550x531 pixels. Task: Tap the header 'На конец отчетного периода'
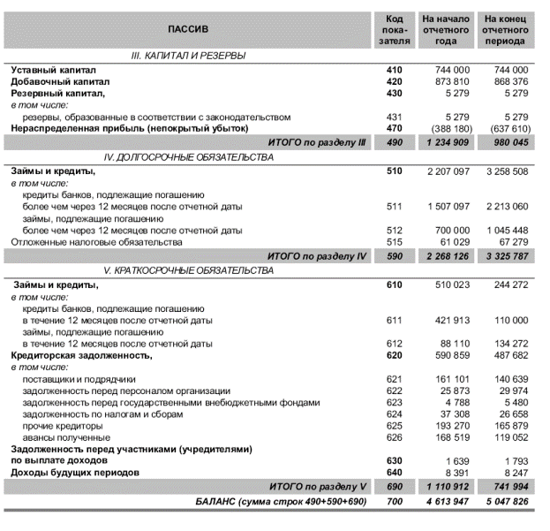pyautogui.click(x=505, y=29)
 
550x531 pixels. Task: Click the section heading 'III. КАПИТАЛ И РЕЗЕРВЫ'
pyautogui.click(x=188, y=56)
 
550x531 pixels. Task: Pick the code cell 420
pyautogui.click(x=394, y=81)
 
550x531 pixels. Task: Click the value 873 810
pyautogui.click(x=450, y=81)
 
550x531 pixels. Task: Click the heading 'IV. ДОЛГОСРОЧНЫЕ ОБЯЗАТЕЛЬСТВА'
pyautogui.click(x=188, y=156)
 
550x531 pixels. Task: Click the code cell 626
pyautogui.click(x=394, y=437)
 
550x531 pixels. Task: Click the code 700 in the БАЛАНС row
pyautogui.click(x=394, y=501)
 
